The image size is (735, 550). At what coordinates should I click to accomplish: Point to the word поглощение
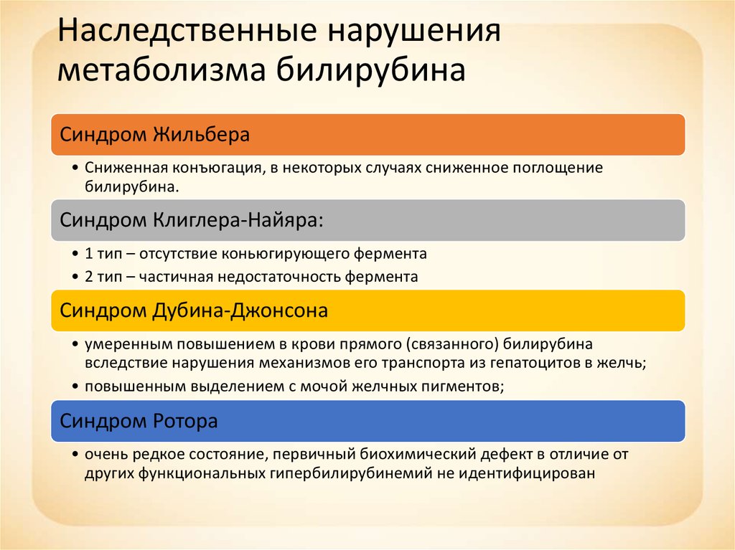557,169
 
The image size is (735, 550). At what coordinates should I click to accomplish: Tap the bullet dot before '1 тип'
75,254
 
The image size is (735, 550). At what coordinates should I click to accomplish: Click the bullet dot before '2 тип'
75,277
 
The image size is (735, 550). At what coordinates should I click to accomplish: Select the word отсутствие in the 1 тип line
178,255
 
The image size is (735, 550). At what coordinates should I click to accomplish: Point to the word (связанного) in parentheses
452,344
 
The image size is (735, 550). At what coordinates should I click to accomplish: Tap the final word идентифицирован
527,474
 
